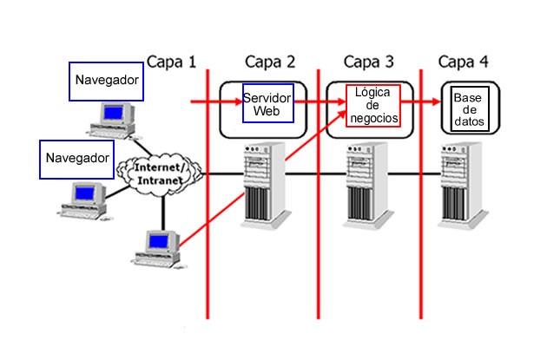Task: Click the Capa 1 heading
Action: [x=171, y=62]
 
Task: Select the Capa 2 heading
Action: [x=270, y=62]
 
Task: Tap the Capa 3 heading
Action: [x=368, y=62]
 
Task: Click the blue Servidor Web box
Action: [x=267, y=103]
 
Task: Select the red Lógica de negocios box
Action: [x=372, y=105]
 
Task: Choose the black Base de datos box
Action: [x=468, y=108]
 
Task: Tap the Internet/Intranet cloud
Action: [x=159, y=172]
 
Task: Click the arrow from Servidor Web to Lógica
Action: [x=320, y=103]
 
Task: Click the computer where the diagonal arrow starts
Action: [x=159, y=247]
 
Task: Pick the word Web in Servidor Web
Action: [x=267, y=111]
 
